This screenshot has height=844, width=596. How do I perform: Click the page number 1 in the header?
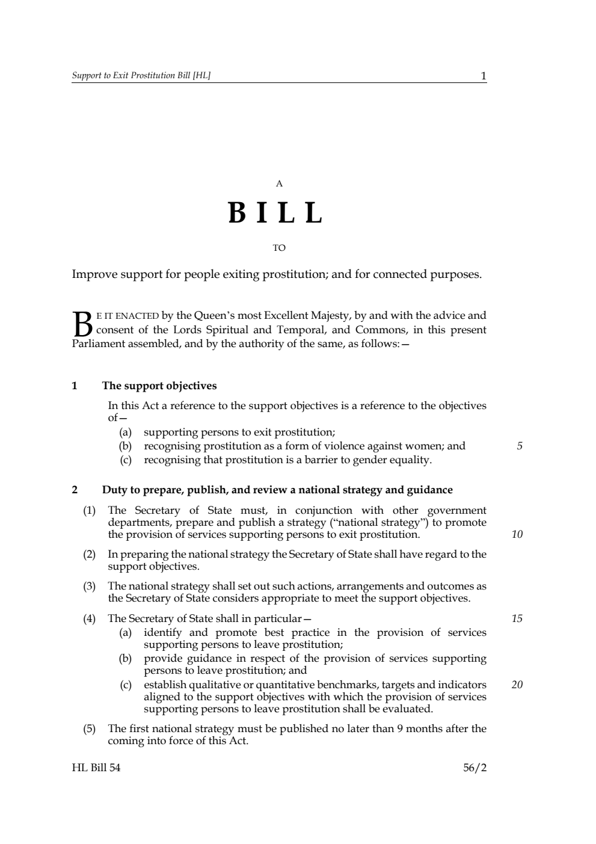(483, 76)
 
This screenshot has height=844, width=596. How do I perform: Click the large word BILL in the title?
(275, 213)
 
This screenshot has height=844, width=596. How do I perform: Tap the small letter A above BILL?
(279, 184)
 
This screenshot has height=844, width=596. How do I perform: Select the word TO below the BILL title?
(279, 248)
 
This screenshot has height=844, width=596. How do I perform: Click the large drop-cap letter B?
(83, 324)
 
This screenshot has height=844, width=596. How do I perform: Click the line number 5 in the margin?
(520, 446)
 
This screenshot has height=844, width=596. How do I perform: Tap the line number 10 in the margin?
(517, 534)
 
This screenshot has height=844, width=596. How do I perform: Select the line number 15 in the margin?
(517, 618)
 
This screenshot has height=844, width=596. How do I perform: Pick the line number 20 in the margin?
(517, 684)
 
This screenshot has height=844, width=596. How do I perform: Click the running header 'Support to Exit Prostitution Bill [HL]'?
(141, 76)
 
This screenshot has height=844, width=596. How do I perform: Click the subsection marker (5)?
(90, 729)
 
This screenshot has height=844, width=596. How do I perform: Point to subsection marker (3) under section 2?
(90, 586)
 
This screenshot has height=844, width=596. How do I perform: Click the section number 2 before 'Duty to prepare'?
(75, 490)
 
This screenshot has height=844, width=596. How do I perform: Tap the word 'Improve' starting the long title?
(94, 275)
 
